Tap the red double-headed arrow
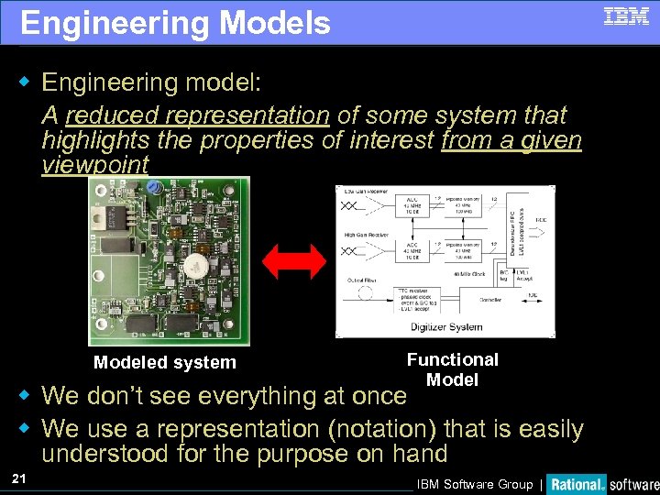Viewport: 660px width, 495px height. (x=293, y=261)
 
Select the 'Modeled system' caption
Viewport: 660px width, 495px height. (x=165, y=362)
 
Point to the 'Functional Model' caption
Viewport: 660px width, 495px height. (x=452, y=369)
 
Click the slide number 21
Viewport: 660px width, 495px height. (x=19, y=478)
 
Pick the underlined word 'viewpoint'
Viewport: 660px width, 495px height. (x=95, y=165)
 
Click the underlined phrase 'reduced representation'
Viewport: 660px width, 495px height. (x=197, y=115)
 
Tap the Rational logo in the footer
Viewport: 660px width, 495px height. (x=577, y=484)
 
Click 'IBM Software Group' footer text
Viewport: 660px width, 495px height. (x=474, y=484)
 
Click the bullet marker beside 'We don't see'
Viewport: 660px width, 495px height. (x=27, y=396)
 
